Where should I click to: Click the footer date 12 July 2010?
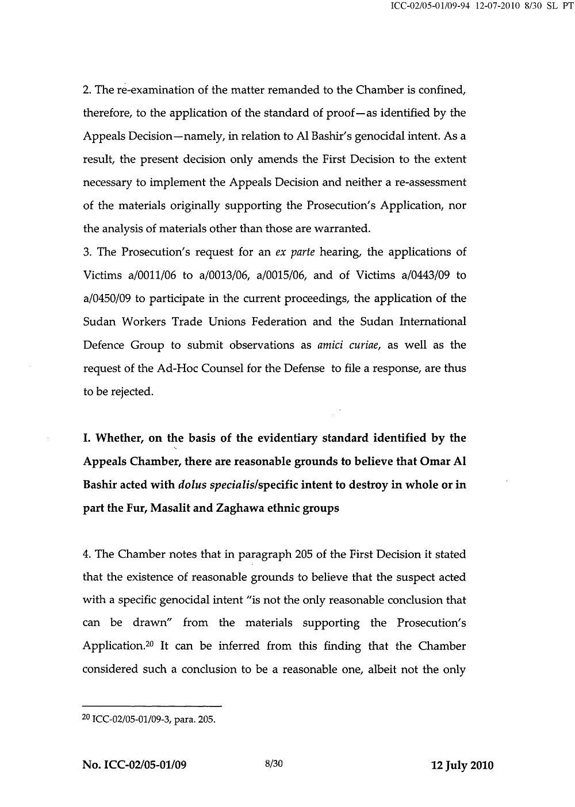pos(462,765)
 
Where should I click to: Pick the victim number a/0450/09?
pos(108,299)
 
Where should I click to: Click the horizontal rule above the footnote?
pos(152,706)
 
